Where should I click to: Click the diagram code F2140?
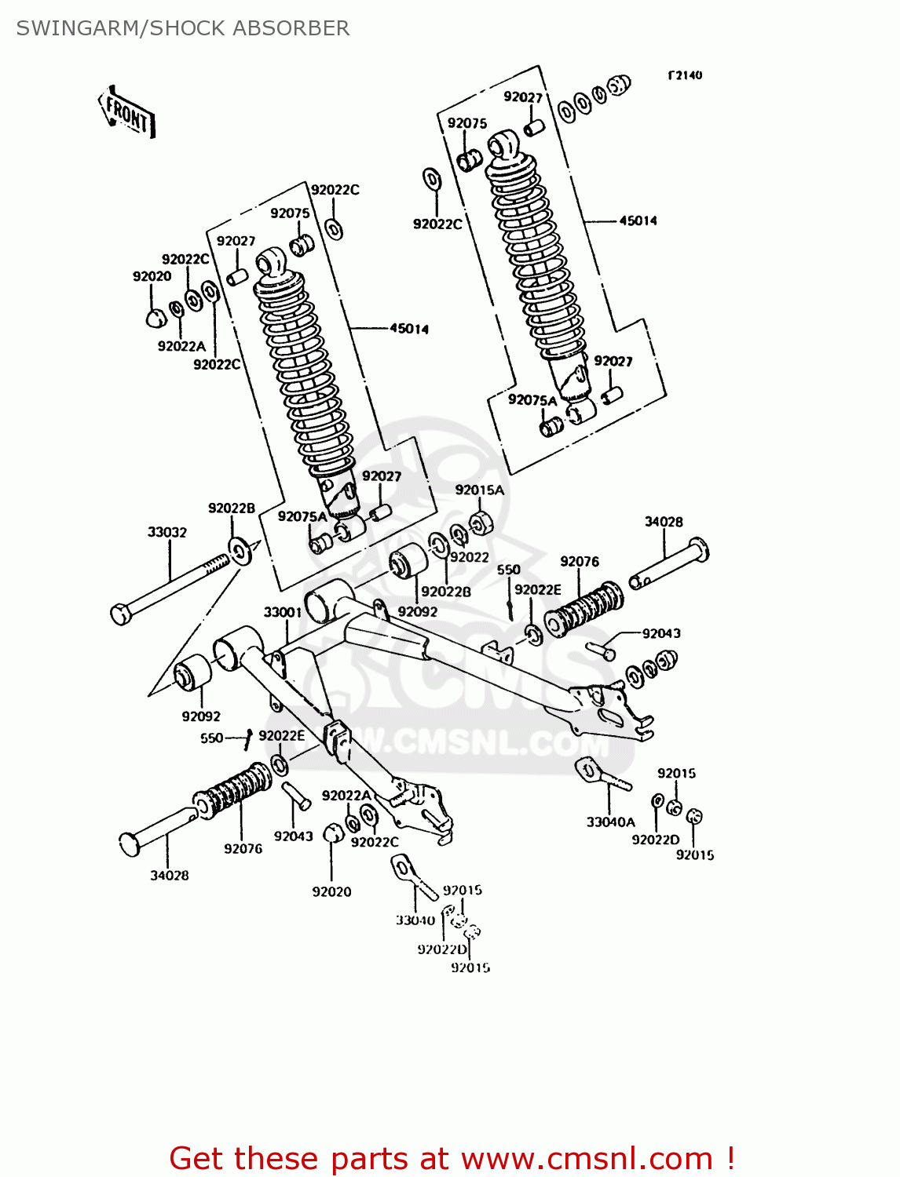[685, 75]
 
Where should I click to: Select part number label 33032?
[167, 532]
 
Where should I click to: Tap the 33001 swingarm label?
[283, 612]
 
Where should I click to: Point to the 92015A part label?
[479, 490]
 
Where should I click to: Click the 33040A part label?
[610, 822]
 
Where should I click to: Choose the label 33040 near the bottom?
[415, 920]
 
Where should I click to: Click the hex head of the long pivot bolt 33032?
[121, 614]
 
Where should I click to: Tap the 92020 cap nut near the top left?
[156, 318]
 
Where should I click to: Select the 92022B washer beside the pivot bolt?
[240, 550]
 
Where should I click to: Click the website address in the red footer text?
[587, 1159]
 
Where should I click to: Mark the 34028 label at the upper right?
[664, 521]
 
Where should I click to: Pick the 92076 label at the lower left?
[243, 848]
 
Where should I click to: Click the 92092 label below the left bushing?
[201, 716]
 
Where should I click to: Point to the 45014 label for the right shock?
[638, 220]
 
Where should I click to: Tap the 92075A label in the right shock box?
[532, 399]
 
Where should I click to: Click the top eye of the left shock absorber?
[272, 260]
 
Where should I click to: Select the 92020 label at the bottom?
[331, 891]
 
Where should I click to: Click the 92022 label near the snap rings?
[470, 556]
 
